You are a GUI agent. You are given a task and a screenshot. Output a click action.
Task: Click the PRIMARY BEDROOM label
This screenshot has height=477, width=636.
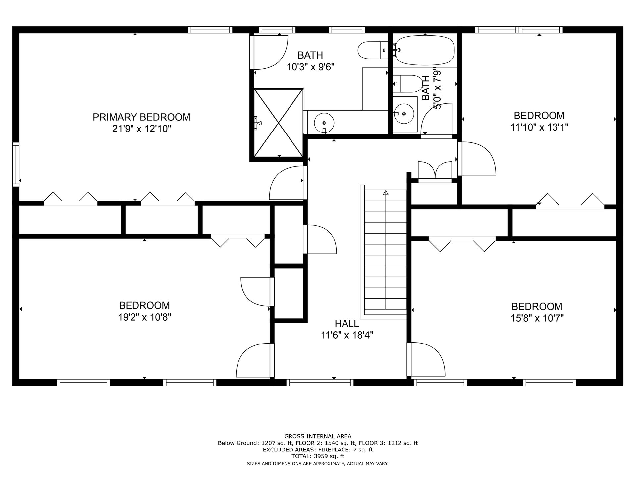click(141, 117)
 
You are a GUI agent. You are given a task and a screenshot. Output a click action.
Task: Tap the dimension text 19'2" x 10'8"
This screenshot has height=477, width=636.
click(144, 317)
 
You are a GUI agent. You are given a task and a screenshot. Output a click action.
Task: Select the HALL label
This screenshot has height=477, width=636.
click(346, 323)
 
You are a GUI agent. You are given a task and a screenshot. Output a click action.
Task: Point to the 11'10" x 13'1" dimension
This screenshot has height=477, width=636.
click(539, 127)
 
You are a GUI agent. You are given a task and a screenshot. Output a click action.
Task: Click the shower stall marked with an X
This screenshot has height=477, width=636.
click(279, 122)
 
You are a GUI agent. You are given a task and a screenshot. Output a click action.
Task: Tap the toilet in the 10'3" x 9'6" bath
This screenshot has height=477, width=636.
click(373, 50)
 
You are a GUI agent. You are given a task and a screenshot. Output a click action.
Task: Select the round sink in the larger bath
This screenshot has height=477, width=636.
click(324, 123)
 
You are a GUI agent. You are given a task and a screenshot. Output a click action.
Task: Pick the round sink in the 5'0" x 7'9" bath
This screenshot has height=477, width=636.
click(404, 114)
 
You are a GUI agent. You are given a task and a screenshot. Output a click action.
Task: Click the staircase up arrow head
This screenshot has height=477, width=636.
click(386, 192)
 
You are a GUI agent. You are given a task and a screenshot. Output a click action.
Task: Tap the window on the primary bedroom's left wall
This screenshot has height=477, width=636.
click(16, 164)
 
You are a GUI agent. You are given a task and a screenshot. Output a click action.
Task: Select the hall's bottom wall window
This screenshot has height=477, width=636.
click(320, 383)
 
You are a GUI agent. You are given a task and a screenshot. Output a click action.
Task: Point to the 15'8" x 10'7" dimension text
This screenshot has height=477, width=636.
click(537, 318)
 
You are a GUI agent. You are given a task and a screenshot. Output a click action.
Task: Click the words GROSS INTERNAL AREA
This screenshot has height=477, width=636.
click(318, 436)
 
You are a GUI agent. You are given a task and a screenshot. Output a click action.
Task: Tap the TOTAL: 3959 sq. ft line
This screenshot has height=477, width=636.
click(318, 456)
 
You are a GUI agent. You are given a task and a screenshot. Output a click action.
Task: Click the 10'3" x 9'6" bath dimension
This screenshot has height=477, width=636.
click(310, 67)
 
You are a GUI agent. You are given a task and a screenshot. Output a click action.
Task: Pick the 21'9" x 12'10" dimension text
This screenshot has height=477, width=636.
click(141, 129)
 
